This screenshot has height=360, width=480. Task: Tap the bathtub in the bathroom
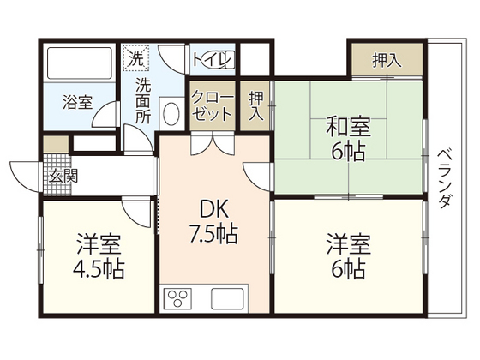point(79,63)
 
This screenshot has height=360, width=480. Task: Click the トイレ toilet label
point(212,59)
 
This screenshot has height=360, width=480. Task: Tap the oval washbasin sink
point(170,114)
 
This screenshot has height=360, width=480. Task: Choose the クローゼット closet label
point(211,106)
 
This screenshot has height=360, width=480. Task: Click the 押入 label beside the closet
point(255,105)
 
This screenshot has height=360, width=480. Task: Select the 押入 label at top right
point(387,61)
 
